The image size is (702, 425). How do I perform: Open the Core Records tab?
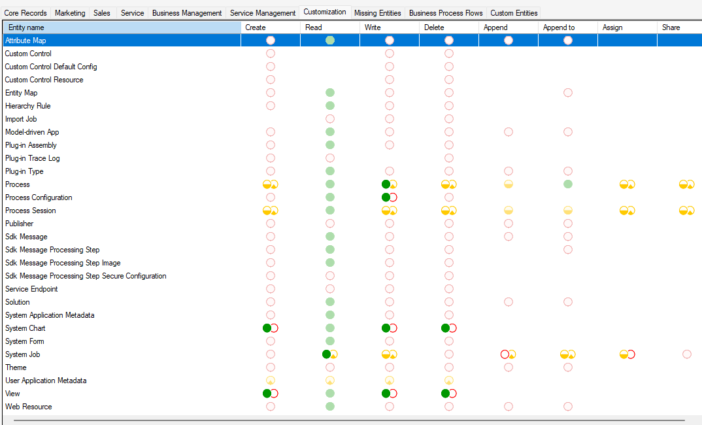point(25,13)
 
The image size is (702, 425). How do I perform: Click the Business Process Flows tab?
point(446,13)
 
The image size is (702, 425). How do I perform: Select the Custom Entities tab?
point(514,13)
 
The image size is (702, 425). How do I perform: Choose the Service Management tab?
point(263,13)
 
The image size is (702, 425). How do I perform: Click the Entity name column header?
point(26,27)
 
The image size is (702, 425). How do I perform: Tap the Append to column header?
point(559,27)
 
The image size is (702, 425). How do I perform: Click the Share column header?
point(671,27)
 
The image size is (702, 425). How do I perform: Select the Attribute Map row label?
point(25,41)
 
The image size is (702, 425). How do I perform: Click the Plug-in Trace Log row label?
point(33,158)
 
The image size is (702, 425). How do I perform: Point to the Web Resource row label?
point(28,407)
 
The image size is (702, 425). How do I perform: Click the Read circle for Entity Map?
point(330,93)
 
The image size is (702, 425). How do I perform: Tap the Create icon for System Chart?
point(270,328)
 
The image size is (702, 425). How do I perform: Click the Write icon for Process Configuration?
point(390,197)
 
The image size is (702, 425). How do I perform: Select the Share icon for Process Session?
point(686,211)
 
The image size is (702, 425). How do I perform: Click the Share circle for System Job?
point(687,354)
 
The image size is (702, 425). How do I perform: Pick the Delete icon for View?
point(448,394)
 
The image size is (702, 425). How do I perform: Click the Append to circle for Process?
point(568,184)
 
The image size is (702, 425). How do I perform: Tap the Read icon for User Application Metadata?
point(330,381)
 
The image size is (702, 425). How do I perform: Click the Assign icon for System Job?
point(627,354)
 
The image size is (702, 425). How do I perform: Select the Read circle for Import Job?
point(330,119)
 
